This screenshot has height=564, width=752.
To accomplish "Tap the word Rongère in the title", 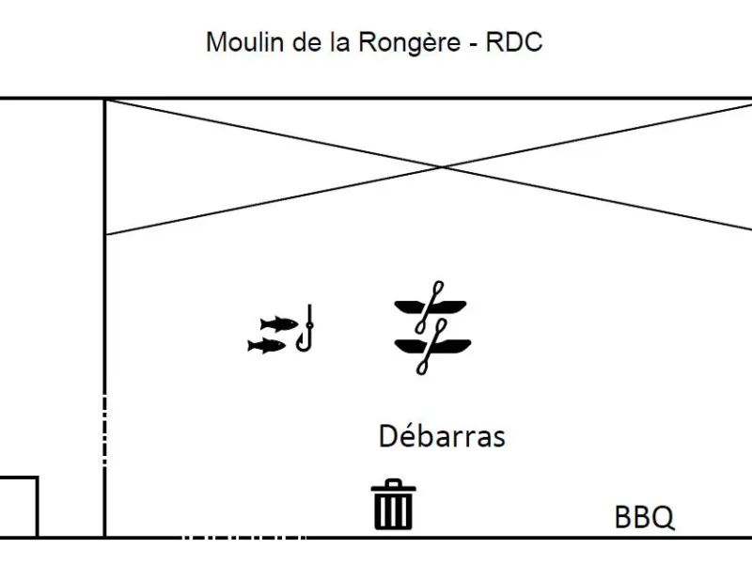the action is coord(410,42).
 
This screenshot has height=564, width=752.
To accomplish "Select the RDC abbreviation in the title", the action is coord(513,41).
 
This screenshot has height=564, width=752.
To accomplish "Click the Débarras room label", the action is coord(442,436).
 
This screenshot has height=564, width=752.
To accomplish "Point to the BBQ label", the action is coord(645,517).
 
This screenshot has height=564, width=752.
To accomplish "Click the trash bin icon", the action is coord(393,504).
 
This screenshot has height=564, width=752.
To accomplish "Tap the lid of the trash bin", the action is coord(393,486).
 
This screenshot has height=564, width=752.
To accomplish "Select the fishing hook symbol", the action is coord(305,328).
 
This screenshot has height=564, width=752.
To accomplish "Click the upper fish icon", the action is coord(278,324).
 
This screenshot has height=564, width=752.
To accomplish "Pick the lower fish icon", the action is coord(266,345).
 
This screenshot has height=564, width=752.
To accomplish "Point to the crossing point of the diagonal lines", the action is coord(442,167).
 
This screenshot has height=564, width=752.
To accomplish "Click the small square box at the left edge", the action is coord(38,507).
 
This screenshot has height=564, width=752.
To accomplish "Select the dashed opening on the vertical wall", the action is coord(104,430).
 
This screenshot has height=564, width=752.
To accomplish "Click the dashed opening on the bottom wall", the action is coord(243,538).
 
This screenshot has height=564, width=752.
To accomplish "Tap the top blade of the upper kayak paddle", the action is coord(437,289).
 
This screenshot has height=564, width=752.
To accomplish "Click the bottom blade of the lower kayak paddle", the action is coord(422,367).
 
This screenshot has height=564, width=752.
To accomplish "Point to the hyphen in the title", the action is coord(474,44).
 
